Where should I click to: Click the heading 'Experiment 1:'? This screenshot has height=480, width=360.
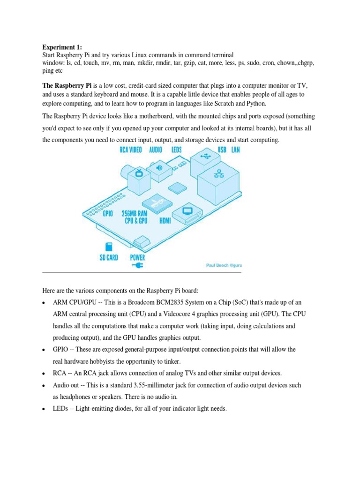point(62,47)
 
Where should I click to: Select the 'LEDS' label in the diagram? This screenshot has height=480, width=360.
point(181,150)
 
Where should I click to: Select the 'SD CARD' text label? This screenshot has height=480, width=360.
point(109,257)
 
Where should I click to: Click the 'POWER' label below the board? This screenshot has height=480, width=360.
point(137,257)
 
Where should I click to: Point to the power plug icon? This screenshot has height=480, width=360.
point(137,266)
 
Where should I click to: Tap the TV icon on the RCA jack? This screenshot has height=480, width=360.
point(138,175)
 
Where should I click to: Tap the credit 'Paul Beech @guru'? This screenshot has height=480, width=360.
point(224,265)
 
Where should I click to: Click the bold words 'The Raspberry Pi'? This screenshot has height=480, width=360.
point(67,86)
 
